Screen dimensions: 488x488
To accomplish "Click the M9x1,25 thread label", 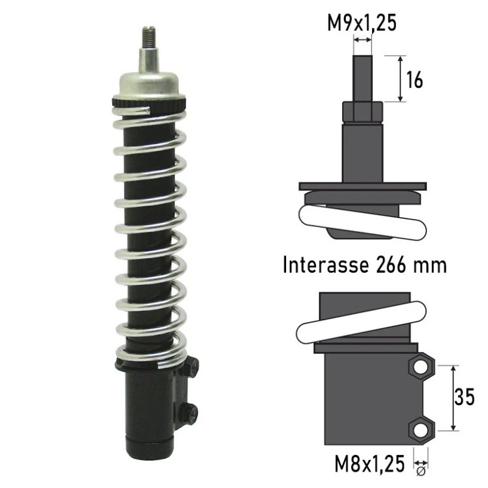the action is (362, 23).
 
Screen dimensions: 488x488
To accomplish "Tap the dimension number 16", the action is (415, 80).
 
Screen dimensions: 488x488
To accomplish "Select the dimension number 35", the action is (464, 396).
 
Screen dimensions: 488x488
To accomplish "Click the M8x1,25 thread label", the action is (370, 464).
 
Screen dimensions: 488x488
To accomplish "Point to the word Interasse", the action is (326, 265).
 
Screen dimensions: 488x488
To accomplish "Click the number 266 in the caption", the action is (391, 265).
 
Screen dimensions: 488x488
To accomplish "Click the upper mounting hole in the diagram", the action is (420, 368).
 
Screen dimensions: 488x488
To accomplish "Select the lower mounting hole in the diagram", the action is (420, 430).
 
